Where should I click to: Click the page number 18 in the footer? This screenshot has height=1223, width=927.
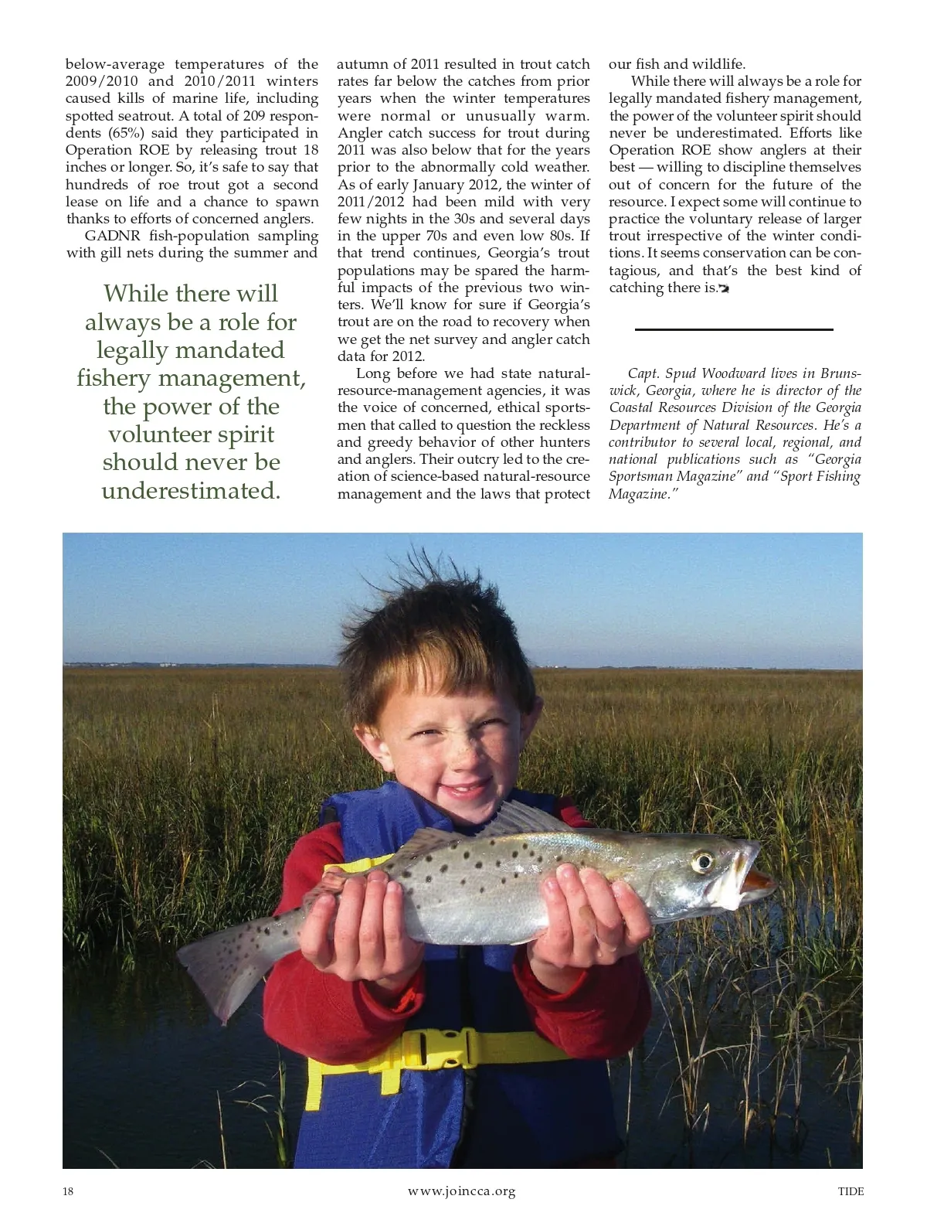pyautogui.click(x=68, y=1191)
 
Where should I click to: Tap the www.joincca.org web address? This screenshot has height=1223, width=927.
pyautogui.click(x=461, y=1191)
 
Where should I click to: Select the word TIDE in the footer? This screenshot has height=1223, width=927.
pyautogui.click(x=851, y=1191)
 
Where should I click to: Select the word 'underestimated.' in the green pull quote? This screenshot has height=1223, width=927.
pyautogui.click(x=191, y=491)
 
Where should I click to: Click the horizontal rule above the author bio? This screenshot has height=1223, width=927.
pyautogui.click(x=733, y=329)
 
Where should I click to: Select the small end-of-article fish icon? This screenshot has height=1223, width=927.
pyautogui.click(x=724, y=289)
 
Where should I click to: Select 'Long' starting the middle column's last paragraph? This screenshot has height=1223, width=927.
pyautogui.click(x=372, y=374)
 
